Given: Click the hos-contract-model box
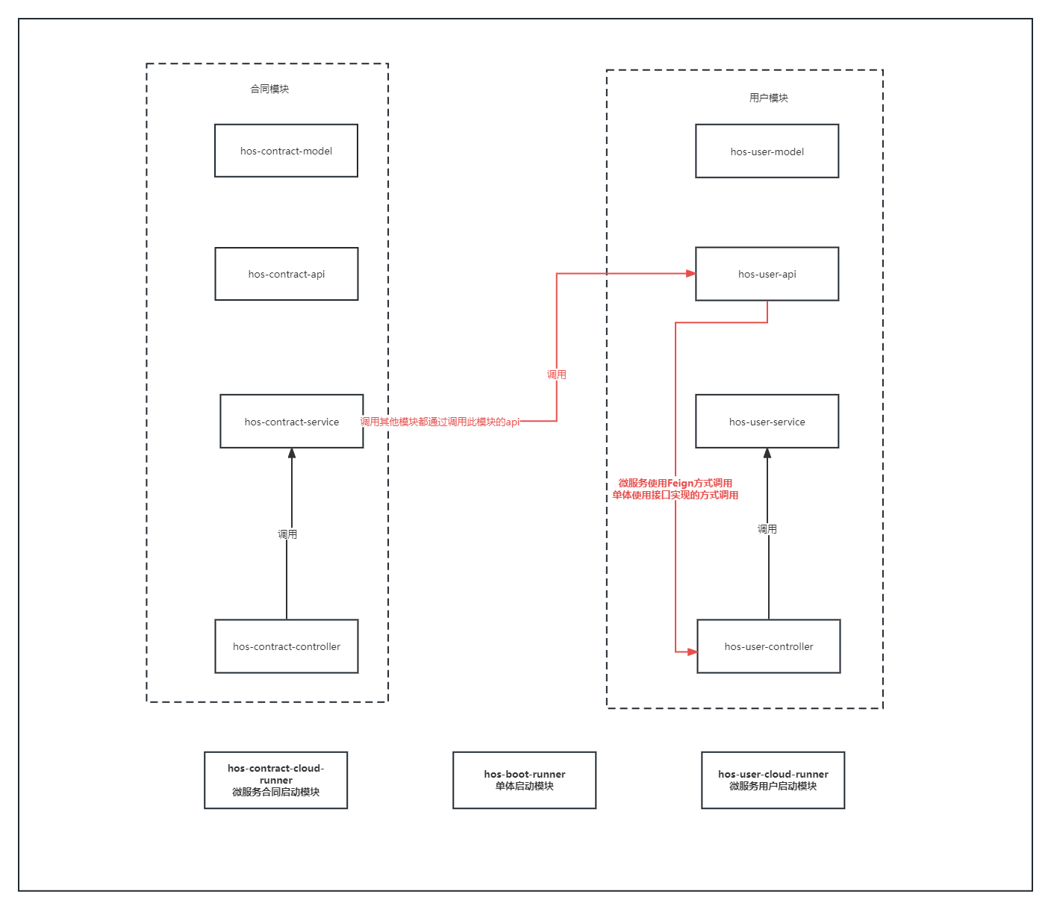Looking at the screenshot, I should pyautogui.click(x=286, y=151).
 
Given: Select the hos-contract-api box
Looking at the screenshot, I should pyautogui.click(x=286, y=274).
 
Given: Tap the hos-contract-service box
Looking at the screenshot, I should pyautogui.click(x=291, y=422).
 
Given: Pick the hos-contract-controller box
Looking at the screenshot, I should pyautogui.click(x=286, y=646).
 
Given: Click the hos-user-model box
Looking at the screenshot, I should pyautogui.click(x=767, y=151).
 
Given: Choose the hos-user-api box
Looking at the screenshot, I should pyautogui.click(x=767, y=274).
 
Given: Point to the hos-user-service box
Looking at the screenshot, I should pyautogui.click(x=767, y=422).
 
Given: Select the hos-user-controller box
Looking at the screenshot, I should pyautogui.click(x=768, y=646).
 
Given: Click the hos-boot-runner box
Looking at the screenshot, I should pyautogui.click(x=524, y=780).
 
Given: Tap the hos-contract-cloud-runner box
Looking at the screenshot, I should pyautogui.click(x=275, y=780).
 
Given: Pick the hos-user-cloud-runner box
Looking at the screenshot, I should pyautogui.click(x=773, y=780).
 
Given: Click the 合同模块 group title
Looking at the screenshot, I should pyautogui.click(x=269, y=89).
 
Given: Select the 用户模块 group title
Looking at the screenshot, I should pyautogui.click(x=768, y=98).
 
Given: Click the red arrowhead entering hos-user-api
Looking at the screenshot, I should pyautogui.click(x=690, y=274).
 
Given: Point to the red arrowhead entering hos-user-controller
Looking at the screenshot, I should pyautogui.click(x=692, y=652).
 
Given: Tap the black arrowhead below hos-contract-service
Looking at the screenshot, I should pyautogui.click(x=292, y=454).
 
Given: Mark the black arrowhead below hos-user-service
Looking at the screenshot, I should pyautogui.click(x=767, y=454).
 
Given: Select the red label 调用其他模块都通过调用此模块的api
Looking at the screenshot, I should pyautogui.click(x=440, y=422).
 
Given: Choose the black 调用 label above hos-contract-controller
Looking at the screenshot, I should pyautogui.click(x=287, y=534).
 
